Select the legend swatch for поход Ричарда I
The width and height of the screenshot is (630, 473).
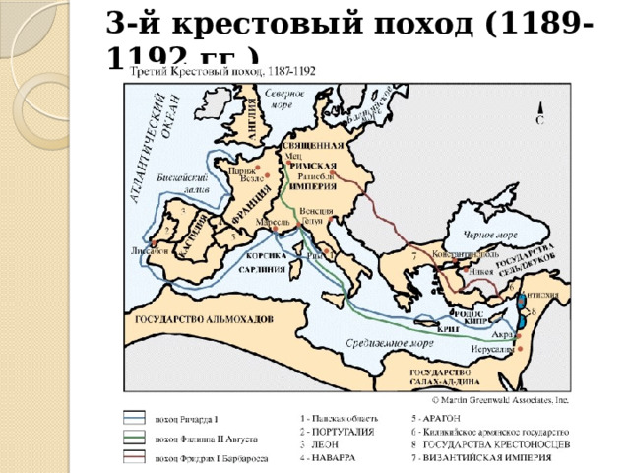[x=135, y=417]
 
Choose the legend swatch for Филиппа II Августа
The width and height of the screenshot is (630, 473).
[x=135, y=438]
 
